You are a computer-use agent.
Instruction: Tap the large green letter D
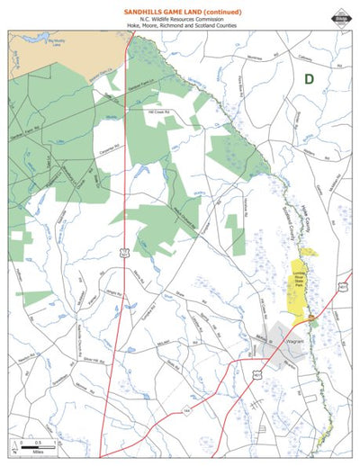[x=309, y=79]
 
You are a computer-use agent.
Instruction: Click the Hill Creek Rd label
[x=158, y=112]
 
